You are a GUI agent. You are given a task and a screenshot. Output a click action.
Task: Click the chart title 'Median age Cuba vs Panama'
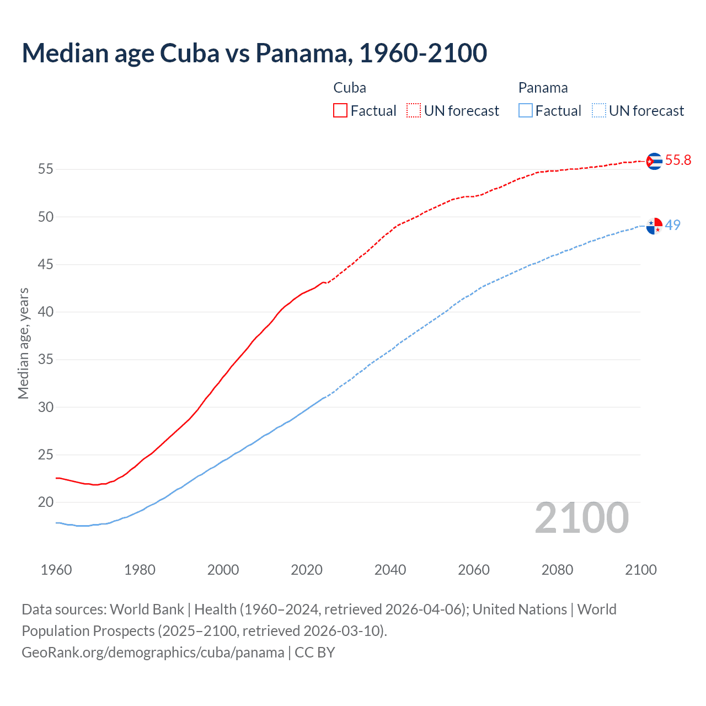pos(254,53)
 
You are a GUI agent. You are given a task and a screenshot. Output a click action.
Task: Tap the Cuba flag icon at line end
pos(654,161)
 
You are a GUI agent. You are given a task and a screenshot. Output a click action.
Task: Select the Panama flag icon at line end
pos(654,226)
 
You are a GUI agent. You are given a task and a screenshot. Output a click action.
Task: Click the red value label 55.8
pos(678,161)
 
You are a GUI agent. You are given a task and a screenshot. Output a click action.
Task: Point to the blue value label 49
pos(672,225)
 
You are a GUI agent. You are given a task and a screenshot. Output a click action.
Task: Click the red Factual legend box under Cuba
pos(340,111)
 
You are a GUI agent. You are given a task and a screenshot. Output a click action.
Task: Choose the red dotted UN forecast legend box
pos(414,111)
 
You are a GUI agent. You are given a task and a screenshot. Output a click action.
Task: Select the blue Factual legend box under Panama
pos(525,111)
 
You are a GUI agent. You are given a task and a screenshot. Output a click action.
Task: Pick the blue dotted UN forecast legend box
pos(598,111)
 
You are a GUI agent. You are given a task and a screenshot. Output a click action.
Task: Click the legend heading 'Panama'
pos(543,88)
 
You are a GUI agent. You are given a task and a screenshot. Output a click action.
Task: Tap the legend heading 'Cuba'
pos(350,88)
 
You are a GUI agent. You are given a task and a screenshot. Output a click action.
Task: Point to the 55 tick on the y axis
pos(46,169)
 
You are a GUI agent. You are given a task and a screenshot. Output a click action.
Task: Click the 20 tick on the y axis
pos(46,502)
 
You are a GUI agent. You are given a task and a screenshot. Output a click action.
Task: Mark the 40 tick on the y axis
pos(46,312)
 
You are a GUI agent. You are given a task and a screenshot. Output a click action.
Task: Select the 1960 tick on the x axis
pos(56,570)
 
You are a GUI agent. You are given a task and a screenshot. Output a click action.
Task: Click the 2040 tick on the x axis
pos(390,570)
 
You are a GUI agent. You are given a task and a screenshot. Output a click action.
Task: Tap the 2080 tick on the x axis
pos(557,570)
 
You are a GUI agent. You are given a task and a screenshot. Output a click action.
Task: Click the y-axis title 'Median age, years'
pos(23,343)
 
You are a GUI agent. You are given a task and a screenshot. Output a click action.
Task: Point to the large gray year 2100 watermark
pos(581,518)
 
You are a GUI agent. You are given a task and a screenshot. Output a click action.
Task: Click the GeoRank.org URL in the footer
pos(153,652)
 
